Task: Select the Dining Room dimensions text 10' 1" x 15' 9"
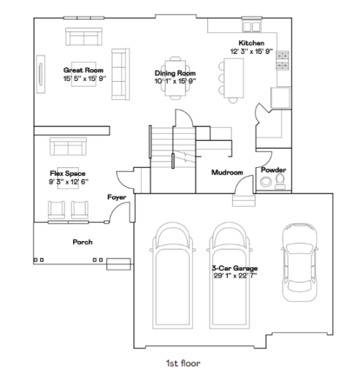(175, 80)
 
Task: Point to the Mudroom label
(226, 172)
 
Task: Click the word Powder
(273, 170)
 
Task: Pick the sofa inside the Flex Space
(68, 147)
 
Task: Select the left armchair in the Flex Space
(56, 210)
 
